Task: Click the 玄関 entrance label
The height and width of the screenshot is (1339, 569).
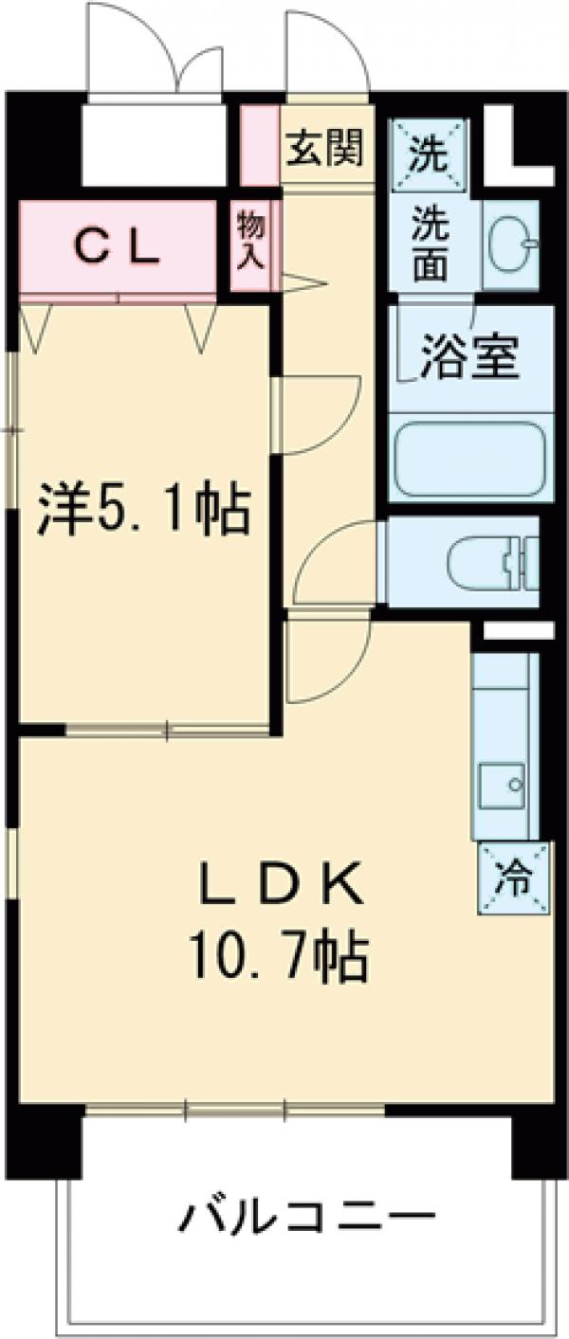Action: point(325,150)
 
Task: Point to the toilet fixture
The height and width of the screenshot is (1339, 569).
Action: point(488,562)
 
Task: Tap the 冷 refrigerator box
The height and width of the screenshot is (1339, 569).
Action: point(513,878)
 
